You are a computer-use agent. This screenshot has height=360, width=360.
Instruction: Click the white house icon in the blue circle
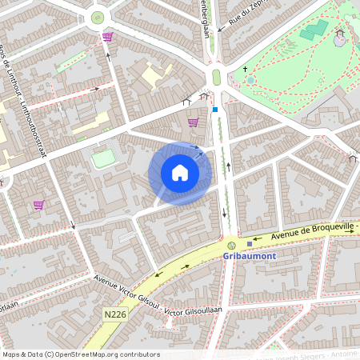pyautogui.click(x=180, y=173)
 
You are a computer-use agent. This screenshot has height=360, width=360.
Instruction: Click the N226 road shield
pyautogui.click(x=115, y=315)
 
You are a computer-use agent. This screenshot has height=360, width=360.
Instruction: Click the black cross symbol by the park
pyautogui.click(x=246, y=70)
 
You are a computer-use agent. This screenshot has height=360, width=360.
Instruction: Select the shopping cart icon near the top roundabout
pyautogui.click(x=107, y=36)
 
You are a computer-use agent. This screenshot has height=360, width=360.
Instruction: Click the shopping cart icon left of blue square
pyautogui.click(x=193, y=122)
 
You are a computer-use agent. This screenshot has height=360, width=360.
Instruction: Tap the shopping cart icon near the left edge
pyautogui.click(x=38, y=205)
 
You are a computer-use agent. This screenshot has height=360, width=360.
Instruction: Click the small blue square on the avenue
pyautogui.click(x=215, y=109)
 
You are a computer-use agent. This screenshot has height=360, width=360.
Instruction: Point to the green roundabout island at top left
pyautogui.click(x=98, y=17)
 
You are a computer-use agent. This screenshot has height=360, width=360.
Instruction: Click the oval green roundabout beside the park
pyautogui.click(x=216, y=77)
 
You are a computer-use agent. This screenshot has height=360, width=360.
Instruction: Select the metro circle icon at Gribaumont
pyautogui.click(x=232, y=245)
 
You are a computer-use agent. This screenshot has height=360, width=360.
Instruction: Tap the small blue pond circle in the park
pyautogui.click(x=250, y=80)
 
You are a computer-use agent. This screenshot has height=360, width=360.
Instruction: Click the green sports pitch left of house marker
pyautogui.click(x=104, y=158)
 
